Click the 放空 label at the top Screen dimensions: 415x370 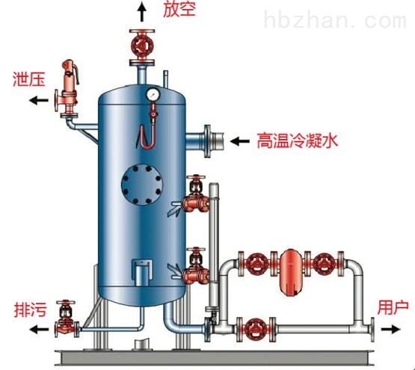[179, 9]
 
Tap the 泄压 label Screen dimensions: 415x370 [29, 78]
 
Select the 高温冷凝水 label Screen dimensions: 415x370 [297, 141]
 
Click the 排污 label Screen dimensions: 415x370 [30, 309]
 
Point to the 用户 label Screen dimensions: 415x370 [393, 307]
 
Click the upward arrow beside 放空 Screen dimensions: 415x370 [142, 11]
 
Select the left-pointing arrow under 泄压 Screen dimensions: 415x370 [39, 100]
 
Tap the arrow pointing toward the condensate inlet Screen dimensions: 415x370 [240, 141]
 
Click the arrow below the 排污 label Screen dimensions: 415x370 [39, 330]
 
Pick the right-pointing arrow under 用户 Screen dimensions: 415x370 [390, 329]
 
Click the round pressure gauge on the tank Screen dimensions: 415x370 [153, 95]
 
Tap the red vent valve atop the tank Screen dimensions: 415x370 [142, 47]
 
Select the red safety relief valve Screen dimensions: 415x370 [67, 89]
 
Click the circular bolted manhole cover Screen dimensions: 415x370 [142, 185]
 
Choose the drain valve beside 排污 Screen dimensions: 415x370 [67, 321]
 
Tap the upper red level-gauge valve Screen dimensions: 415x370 [196, 194]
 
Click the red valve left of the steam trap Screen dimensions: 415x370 [256, 263]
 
